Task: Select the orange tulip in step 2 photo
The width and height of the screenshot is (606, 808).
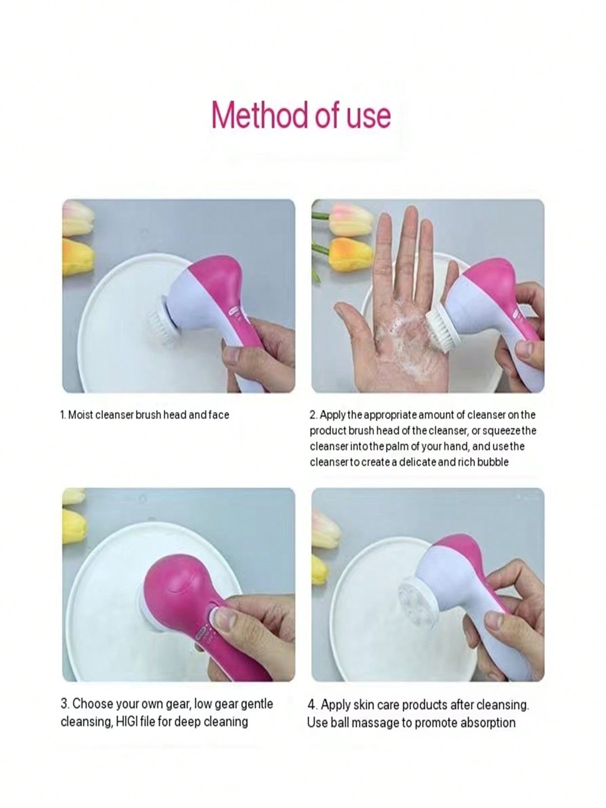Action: [351, 255]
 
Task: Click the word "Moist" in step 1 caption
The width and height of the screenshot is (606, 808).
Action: [79, 415]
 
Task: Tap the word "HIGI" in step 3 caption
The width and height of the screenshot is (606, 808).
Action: [129, 721]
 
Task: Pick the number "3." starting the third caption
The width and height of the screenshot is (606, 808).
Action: [65, 704]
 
